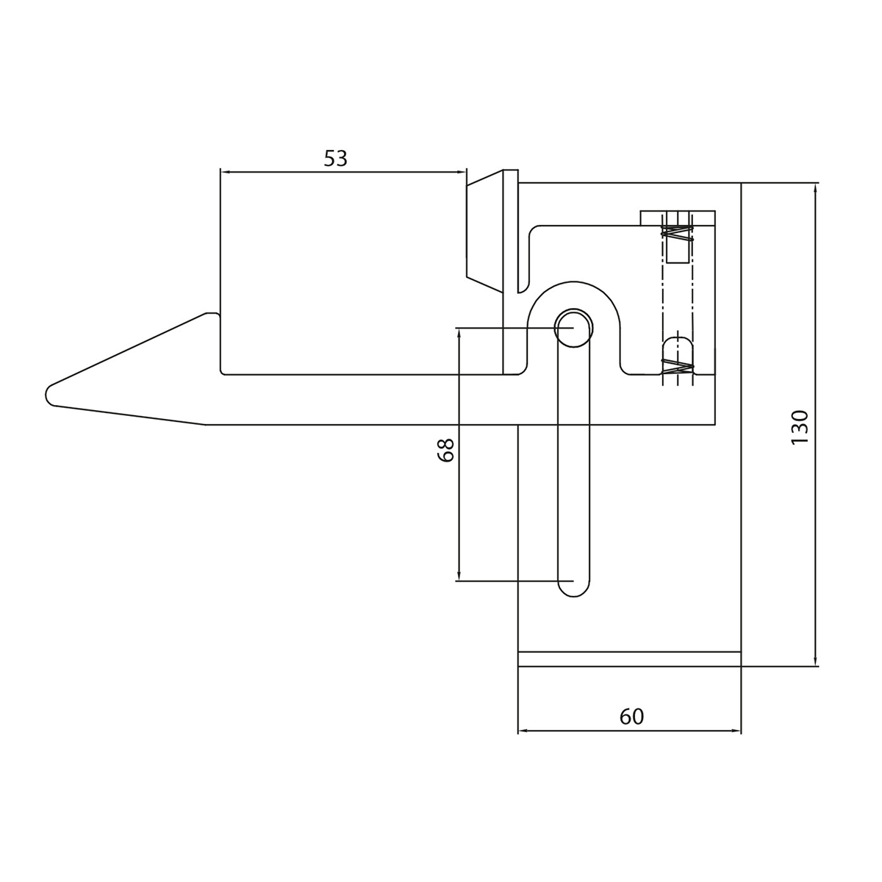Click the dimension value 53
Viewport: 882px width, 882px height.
(335, 158)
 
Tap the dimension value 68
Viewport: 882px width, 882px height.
(445, 450)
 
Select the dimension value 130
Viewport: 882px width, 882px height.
(800, 426)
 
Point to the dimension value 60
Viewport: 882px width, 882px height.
(631, 717)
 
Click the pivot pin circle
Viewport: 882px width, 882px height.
(573, 328)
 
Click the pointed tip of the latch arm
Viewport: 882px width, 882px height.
(47, 394)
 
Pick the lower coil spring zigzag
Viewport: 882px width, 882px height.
(678, 367)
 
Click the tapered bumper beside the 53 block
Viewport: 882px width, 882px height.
(484, 231)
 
